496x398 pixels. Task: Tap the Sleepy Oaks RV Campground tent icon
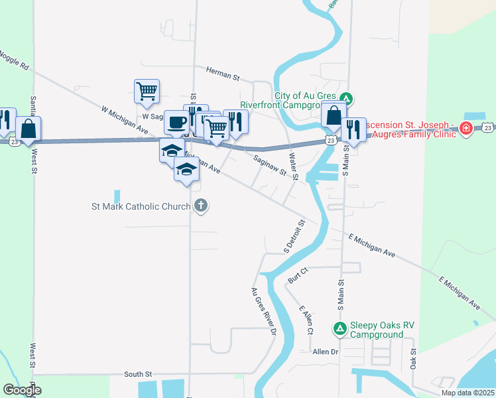pos(340,328)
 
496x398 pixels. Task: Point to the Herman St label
pos(222,72)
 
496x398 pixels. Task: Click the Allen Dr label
pos(325,352)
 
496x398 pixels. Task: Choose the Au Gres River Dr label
pos(263,312)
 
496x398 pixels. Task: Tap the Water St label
pos(293,166)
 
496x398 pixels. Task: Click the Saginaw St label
pos(271,163)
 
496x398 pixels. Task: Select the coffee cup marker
pos(176,123)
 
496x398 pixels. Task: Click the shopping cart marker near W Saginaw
pos(147,92)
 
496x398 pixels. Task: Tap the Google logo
pos(22,390)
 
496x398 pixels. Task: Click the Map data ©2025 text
pos(467,393)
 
